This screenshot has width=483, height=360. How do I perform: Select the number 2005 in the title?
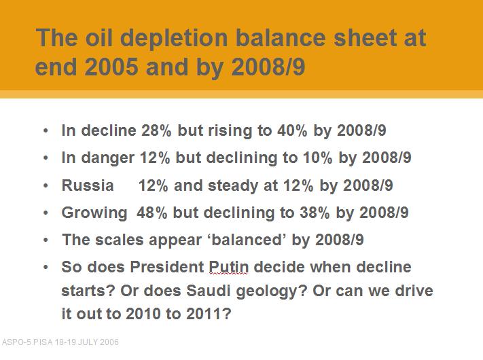(x=111, y=67)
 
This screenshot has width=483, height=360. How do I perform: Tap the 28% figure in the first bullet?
(x=156, y=130)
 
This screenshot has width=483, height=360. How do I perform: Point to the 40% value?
(x=292, y=130)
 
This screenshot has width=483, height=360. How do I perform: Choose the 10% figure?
(x=318, y=158)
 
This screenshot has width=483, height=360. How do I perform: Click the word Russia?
(x=88, y=185)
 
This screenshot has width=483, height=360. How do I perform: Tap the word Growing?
(x=94, y=213)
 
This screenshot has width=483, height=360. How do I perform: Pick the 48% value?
(x=151, y=213)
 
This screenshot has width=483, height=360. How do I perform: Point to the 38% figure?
(x=315, y=213)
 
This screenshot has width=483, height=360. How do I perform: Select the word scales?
(x=119, y=240)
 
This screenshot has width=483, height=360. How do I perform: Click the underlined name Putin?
(x=228, y=267)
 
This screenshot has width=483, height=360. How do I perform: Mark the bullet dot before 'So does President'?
(x=46, y=267)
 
